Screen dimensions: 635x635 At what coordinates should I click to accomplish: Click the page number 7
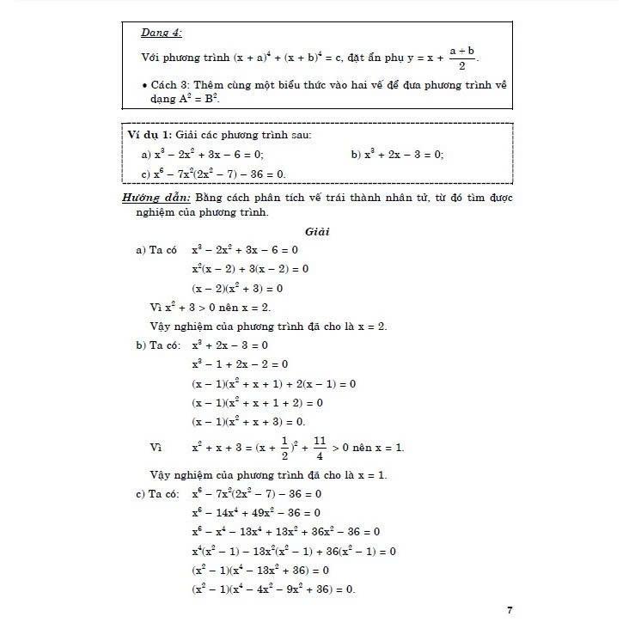tap(510, 610)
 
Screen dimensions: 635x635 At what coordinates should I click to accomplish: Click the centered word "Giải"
tap(317, 232)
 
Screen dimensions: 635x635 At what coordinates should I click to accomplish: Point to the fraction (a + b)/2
tap(463, 58)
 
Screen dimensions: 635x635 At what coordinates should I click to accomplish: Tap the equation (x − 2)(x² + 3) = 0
tap(249, 289)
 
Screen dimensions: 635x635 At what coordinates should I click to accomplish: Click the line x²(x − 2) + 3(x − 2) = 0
tap(250, 269)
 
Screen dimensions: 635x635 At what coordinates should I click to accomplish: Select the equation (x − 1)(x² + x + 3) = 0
tap(249, 421)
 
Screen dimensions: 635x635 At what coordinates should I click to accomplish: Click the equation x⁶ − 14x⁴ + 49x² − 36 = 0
tap(257, 513)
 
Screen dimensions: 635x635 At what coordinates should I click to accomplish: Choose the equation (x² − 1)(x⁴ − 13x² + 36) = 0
tap(260, 571)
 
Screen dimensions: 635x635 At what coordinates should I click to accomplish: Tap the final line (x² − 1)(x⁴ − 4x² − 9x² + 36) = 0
tap(273, 589)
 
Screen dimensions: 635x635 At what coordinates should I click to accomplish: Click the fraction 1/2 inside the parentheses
tap(283, 449)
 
